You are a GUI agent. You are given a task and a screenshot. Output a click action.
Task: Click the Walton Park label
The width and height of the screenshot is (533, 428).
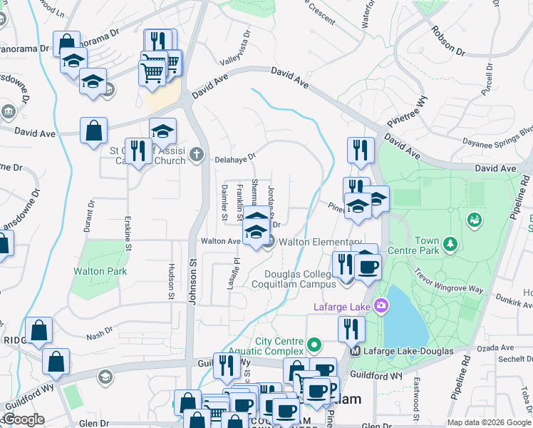[x=100, y=271]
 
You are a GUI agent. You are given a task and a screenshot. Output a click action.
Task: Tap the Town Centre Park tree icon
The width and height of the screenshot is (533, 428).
[x=450, y=245]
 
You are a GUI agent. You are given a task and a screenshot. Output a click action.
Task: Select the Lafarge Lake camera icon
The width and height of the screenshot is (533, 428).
[x=382, y=307]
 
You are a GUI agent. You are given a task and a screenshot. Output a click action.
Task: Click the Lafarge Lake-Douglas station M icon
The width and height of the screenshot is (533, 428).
[x=355, y=351]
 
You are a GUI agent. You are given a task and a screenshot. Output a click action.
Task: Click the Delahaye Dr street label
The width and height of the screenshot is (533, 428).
[x=234, y=158]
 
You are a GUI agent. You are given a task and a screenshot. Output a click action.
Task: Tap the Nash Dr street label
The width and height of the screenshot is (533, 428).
[x=99, y=332]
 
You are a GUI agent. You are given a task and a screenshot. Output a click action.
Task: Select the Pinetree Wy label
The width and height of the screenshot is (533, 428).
[x=407, y=108]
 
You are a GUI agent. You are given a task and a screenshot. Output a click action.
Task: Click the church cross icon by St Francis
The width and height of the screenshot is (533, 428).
[x=197, y=153]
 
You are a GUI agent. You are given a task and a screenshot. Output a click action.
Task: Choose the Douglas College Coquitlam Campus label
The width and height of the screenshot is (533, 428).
[x=299, y=279]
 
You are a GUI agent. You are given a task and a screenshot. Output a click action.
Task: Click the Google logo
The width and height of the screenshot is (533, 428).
[x=23, y=419]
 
